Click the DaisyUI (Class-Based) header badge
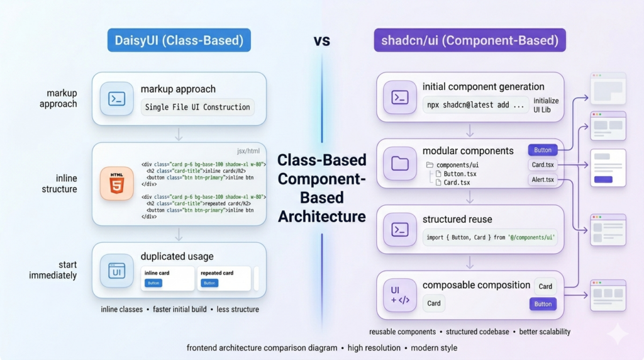coord(179,41)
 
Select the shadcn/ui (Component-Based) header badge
coord(469,41)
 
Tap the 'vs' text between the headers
coord(323,41)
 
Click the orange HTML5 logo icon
coord(117,183)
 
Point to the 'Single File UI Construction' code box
coord(197,107)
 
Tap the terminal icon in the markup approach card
coord(117,98)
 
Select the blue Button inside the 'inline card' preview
coord(153,283)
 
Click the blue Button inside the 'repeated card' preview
coord(209,283)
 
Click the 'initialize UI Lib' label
coord(546,105)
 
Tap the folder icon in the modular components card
coord(400,164)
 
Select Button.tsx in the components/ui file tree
coord(460,174)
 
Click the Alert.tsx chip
coord(542,180)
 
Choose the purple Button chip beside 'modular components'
coord(542,150)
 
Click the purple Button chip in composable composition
coord(543,304)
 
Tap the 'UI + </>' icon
coord(400,295)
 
